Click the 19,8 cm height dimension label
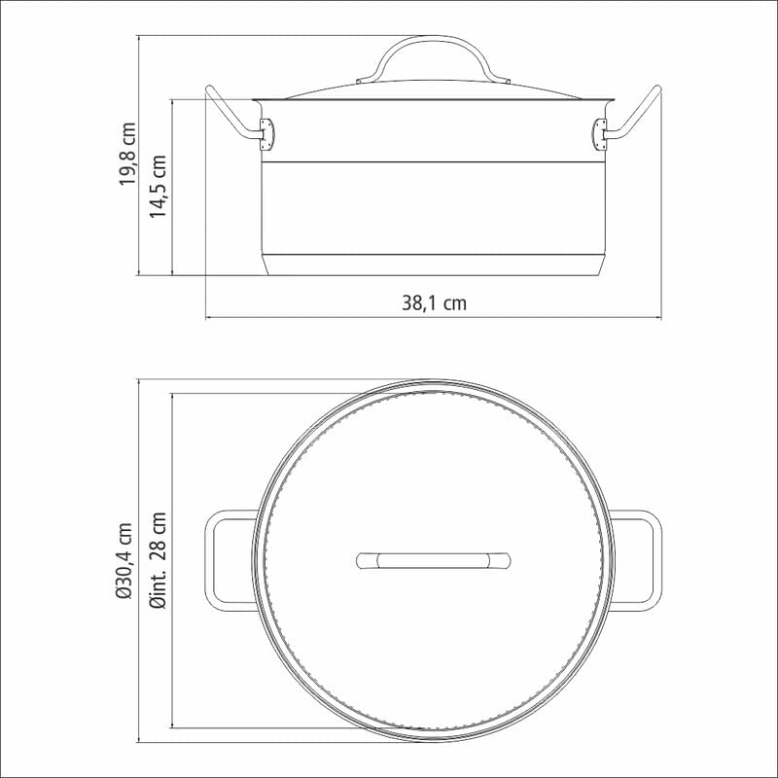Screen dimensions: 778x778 (127, 154)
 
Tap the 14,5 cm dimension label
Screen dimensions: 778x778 (159, 186)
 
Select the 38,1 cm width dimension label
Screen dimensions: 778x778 (434, 302)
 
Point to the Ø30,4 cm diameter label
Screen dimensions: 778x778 (124, 561)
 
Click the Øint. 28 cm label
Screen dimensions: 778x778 (159, 561)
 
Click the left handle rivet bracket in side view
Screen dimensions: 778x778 (266, 133)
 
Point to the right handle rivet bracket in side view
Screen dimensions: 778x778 (599, 133)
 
